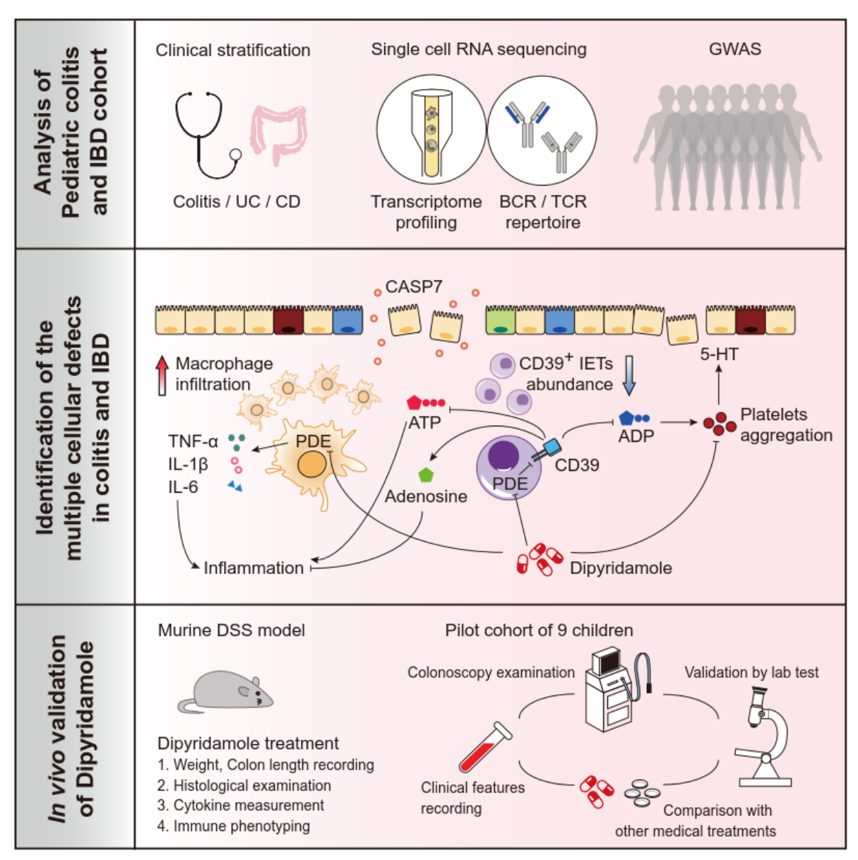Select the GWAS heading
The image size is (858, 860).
tap(734, 49)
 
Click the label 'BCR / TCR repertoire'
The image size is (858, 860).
tap(542, 212)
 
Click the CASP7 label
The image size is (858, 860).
tap(413, 287)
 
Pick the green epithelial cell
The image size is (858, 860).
tap(501, 320)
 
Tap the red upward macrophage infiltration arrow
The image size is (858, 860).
tap(162, 376)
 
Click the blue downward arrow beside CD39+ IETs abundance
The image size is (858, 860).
tap(629, 376)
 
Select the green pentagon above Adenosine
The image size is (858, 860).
tap(426, 475)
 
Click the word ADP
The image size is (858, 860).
tap(636, 436)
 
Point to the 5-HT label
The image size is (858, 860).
tap(719, 354)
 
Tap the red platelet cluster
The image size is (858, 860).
tap(720, 424)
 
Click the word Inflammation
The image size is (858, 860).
tap(254, 568)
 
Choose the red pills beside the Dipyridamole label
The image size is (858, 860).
tap(540, 559)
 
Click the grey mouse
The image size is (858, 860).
tap(225, 691)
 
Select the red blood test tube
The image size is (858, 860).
tap(485, 747)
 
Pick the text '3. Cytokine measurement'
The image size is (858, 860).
tap(241, 806)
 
